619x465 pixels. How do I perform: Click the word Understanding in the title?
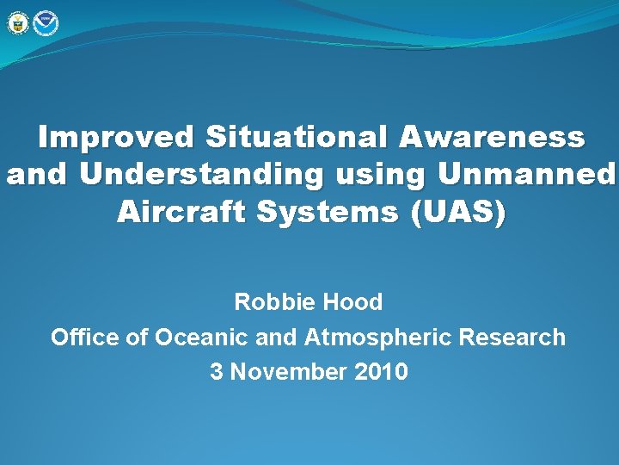click(x=201, y=175)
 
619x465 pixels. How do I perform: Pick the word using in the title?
click(x=380, y=175)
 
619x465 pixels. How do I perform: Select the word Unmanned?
click(x=526, y=175)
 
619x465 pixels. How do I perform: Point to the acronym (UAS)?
click(x=460, y=213)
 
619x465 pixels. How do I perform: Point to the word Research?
click(x=512, y=337)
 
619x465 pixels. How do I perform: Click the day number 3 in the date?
click(x=217, y=371)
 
